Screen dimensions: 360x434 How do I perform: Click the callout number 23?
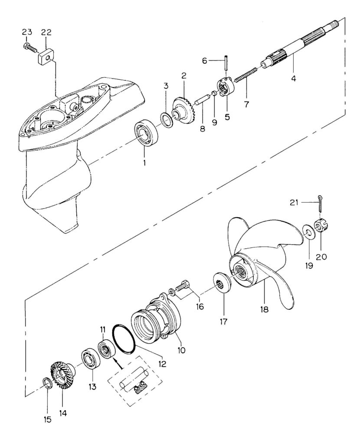pos(27,32)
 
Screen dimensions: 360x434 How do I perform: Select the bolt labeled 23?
pos(30,48)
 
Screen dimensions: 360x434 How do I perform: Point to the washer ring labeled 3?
pos(166,120)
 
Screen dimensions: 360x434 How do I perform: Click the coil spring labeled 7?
pos(246,75)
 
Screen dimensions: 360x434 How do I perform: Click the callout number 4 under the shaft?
pos(293,79)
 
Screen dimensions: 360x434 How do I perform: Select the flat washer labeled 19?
pos(307,232)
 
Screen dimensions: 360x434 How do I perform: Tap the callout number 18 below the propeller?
pos(264,309)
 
